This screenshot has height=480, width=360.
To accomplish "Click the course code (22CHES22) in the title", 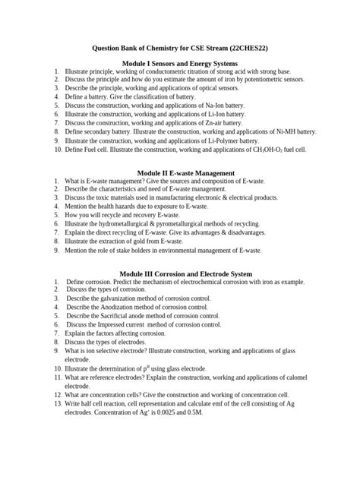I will click(x=244, y=48).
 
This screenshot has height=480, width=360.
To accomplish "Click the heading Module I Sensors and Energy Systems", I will click(x=180, y=63).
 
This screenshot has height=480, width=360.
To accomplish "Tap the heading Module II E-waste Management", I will click(x=179, y=174).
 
